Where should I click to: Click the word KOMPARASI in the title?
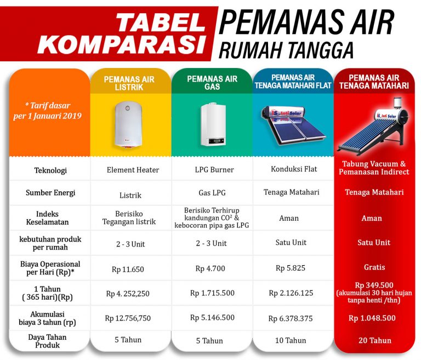122,44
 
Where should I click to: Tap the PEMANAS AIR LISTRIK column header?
129,83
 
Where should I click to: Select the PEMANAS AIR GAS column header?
212,83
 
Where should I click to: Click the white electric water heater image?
128,125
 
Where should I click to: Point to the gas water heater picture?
213,124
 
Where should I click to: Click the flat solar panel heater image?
293,125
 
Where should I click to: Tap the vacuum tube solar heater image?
374,127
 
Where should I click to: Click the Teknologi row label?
50,170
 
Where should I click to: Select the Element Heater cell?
133,170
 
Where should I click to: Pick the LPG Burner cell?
214,170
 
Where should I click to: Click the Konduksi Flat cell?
294,169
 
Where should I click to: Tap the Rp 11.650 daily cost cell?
128,269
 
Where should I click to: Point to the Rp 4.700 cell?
210,268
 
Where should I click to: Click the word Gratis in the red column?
374,267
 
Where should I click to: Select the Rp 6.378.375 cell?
291,319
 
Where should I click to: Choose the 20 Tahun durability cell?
375,340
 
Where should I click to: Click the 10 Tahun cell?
291,340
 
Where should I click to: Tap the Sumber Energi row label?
50,193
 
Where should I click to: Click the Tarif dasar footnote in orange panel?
48,111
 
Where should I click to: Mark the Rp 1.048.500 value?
372,318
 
